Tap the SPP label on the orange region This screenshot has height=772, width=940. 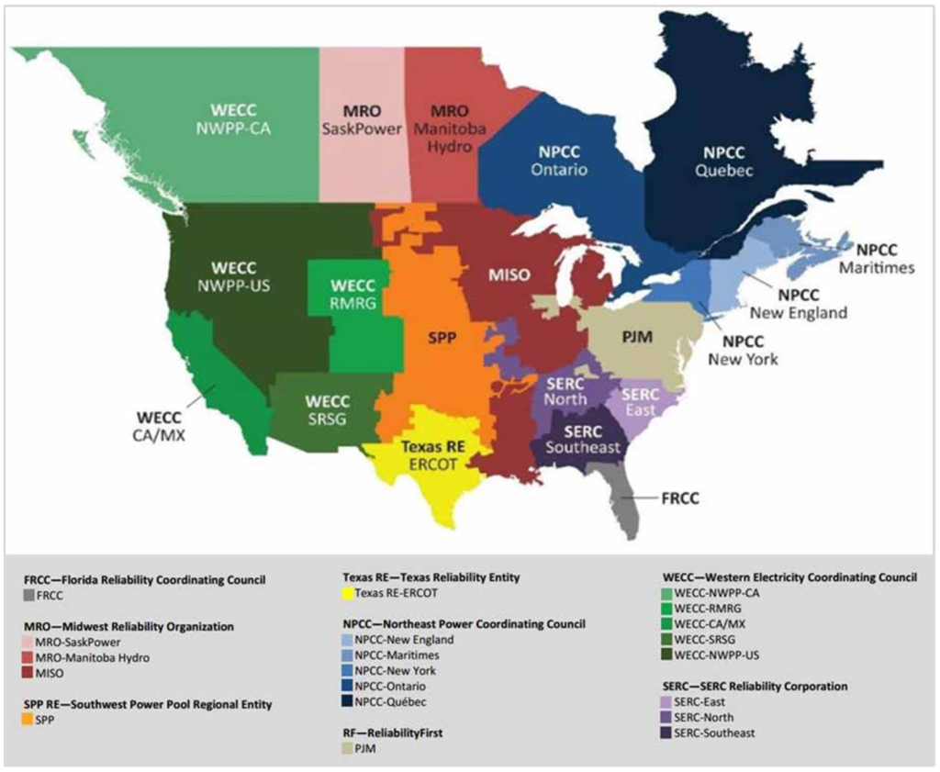(442, 337)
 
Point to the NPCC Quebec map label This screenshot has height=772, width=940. (724, 162)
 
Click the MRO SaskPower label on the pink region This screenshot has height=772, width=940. (362, 119)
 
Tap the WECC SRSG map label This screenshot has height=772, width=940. (329, 410)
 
